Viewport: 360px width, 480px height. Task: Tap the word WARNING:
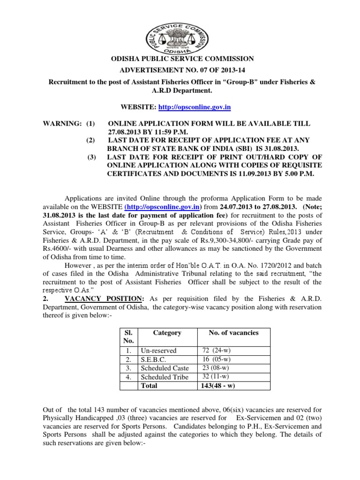(x=60, y=123)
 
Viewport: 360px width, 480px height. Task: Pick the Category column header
(x=167, y=332)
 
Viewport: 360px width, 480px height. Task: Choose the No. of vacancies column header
(x=230, y=332)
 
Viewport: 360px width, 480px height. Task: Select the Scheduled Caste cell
(x=164, y=368)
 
